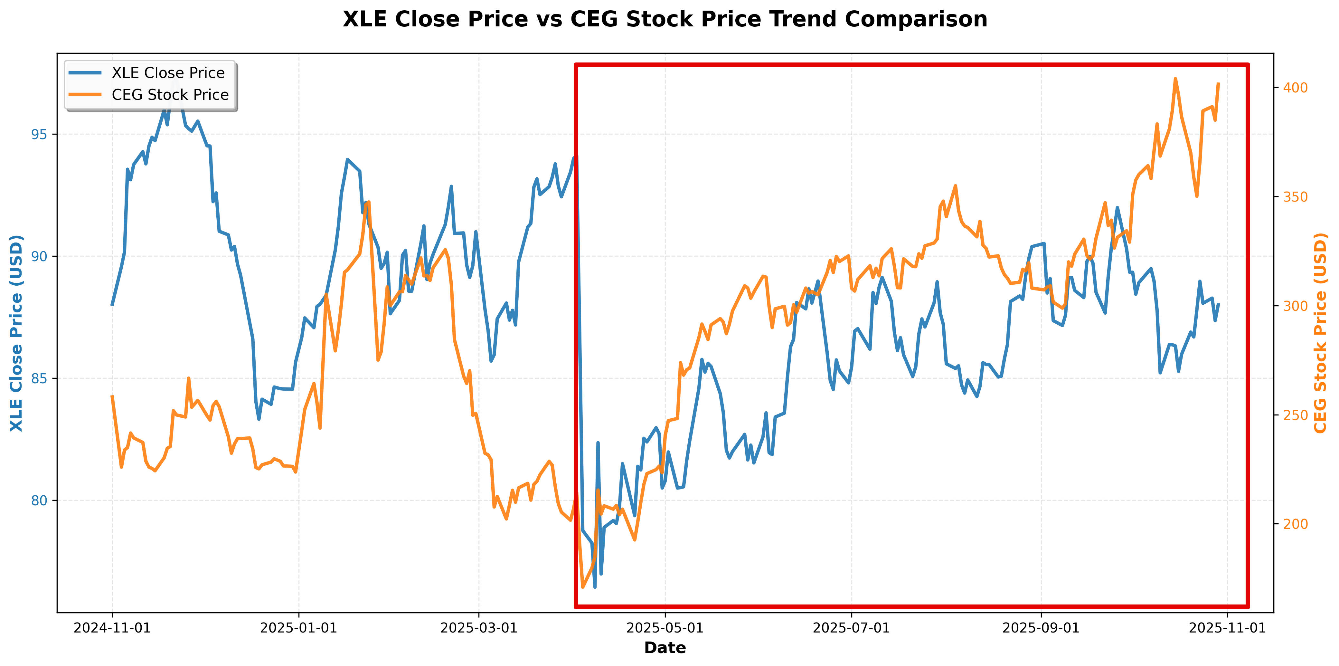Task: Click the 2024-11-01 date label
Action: [112, 628]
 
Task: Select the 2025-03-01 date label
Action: [479, 628]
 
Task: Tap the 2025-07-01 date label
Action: [852, 628]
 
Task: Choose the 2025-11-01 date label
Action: [1227, 628]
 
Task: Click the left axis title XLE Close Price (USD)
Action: [17, 333]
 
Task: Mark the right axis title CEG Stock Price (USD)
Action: [1320, 333]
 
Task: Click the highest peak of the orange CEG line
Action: [1175, 79]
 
